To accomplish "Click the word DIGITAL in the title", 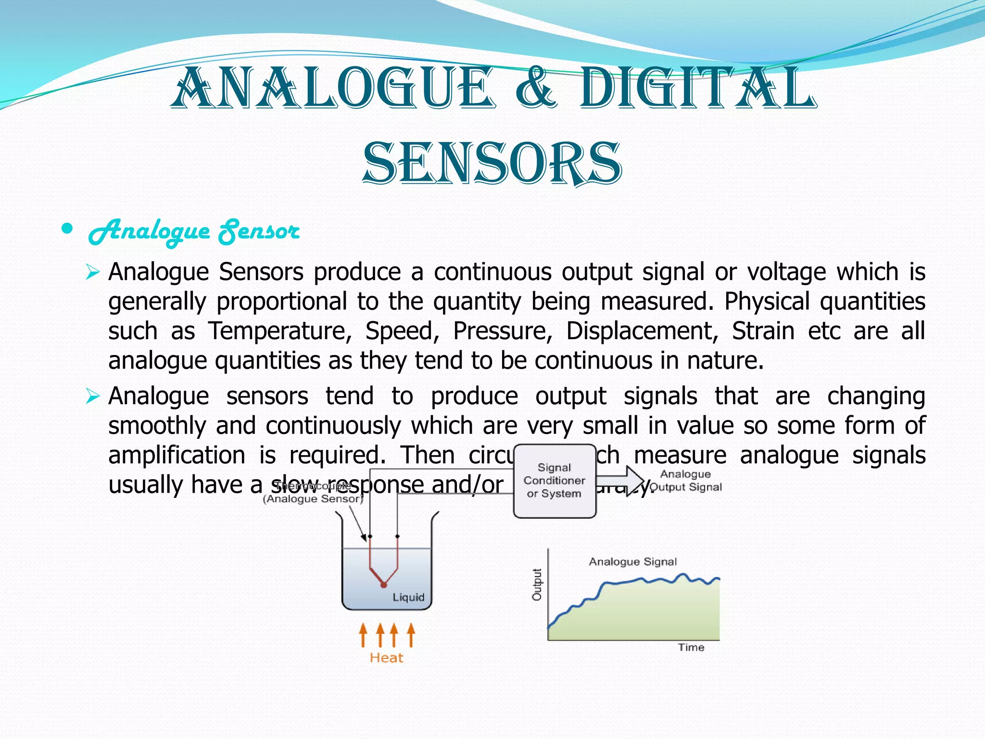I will point(697,89).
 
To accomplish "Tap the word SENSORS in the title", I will point(492,164).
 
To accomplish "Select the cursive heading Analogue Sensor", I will point(194,232).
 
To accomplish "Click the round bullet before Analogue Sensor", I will point(67,229).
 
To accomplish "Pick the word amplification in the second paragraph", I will point(177,455).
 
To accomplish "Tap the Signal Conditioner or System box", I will point(555,481).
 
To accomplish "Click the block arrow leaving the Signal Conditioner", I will point(620,480).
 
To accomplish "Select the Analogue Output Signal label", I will point(685,481).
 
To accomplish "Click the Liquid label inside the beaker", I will point(408,597).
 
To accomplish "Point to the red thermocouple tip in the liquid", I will point(383,585).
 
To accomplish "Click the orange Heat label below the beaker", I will point(386,658).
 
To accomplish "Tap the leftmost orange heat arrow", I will point(363,635).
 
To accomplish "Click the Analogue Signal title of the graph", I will point(632,561).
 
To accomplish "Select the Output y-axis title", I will point(537,585).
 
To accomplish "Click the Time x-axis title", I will point(691,648).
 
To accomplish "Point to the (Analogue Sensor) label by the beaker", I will point(313,499).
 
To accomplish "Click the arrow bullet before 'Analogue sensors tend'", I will point(92,397).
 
